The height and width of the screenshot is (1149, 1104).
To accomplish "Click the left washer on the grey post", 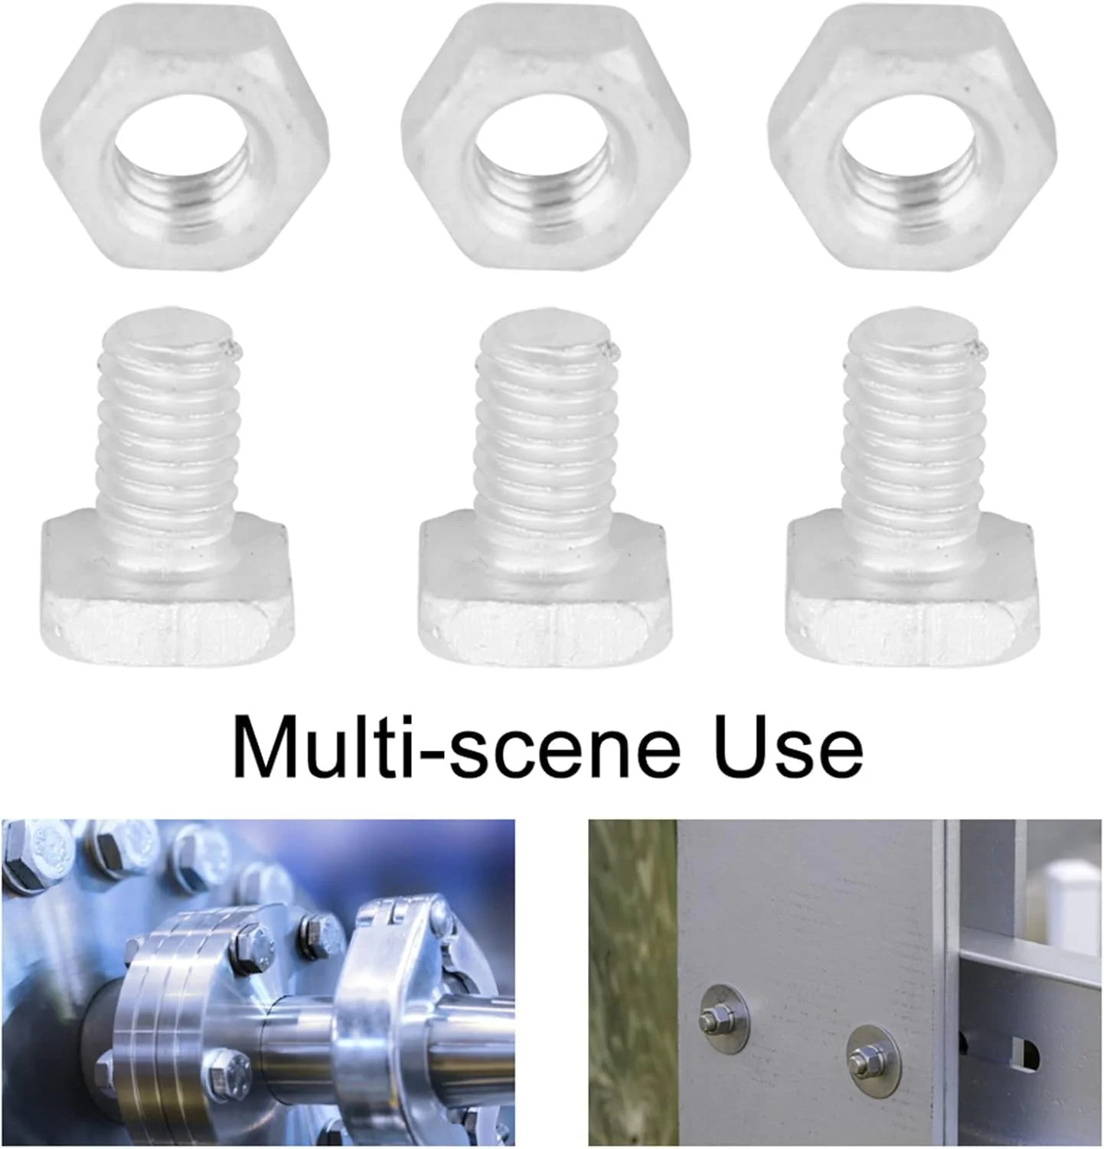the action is pyautogui.click(x=724, y=1019).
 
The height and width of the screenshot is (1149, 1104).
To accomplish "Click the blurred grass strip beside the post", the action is pyautogui.click(x=632, y=984).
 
